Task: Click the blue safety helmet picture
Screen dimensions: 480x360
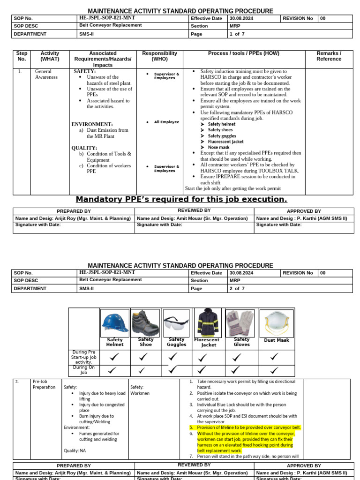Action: [x=115, y=322]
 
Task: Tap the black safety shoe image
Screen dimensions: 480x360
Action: [x=146, y=322]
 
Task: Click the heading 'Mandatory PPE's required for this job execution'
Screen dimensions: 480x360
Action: [x=181, y=199]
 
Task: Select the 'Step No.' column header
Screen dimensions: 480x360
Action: [x=22, y=56]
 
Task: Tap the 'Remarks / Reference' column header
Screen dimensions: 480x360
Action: [x=329, y=56]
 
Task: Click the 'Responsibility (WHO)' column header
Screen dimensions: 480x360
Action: [x=160, y=56]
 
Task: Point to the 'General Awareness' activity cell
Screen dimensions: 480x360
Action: [x=46, y=74]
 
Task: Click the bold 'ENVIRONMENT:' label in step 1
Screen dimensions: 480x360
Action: [x=92, y=124]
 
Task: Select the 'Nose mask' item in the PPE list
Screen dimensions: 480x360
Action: [x=218, y=147]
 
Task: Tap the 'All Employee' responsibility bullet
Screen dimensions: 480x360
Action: [x=166, y=122]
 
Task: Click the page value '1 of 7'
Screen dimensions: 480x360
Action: [x=237, y=34]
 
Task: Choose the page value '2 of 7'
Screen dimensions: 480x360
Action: [x=237, y=289]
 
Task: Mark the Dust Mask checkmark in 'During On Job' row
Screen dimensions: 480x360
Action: [x=275, y=370]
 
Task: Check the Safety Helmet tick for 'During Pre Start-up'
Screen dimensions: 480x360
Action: [x=112, y=357]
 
